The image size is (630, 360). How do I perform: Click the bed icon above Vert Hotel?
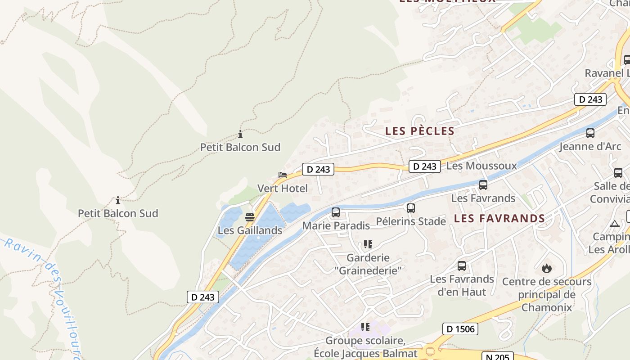click(283, 175)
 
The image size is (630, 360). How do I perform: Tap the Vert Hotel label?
click(283, 188)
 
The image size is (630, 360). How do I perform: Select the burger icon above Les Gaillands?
click(250, 217)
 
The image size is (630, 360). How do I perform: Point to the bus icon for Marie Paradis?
click(336, 212)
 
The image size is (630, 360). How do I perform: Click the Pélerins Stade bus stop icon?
click(410, 208)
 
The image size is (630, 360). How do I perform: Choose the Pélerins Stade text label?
click(411, 221)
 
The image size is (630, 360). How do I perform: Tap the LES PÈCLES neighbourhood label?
click(420, 131)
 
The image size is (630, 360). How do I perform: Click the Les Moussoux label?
click(481, 166)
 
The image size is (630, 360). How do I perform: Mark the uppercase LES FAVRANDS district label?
click(499, 219)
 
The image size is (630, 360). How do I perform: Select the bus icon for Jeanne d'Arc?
click(590, 133)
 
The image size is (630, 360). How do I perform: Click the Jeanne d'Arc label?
click(590, 146)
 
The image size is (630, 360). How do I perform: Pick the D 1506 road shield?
click(460, 329)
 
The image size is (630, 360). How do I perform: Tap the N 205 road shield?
click(497, 357)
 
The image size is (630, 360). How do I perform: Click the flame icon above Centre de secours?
click(547, 269)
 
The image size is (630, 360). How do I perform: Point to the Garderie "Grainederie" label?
click(368, 264)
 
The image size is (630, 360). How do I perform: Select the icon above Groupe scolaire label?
click(365, 327)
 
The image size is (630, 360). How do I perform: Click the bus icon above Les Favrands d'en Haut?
click(462, 266)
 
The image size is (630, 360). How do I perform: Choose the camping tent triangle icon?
click(615, 224)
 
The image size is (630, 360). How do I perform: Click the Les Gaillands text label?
click(250, 230)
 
